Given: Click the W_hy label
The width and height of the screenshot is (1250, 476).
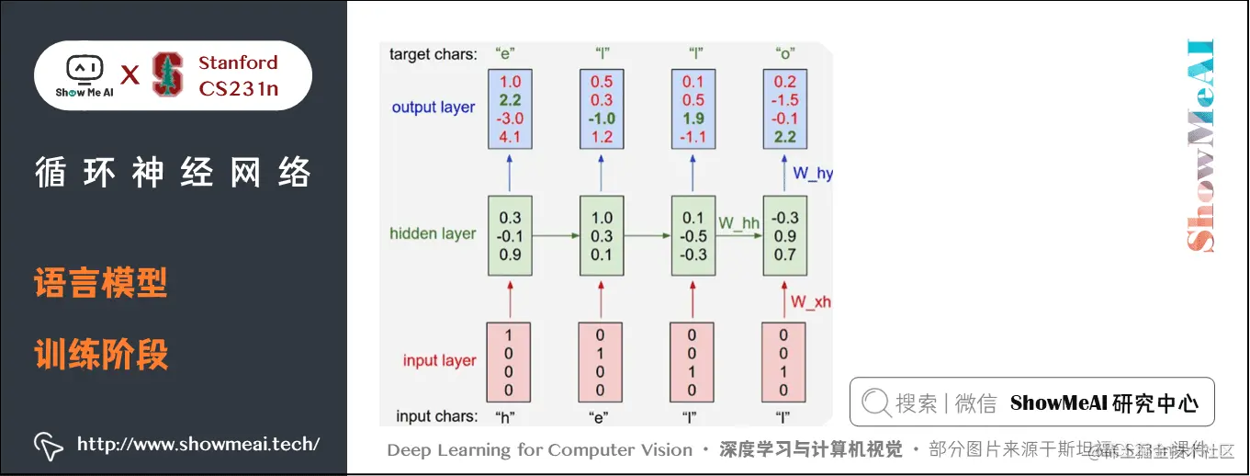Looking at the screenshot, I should tap(812, 173).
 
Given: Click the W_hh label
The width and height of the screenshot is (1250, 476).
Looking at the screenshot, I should tap(738, 222).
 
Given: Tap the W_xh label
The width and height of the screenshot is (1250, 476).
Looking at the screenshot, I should tap(812, 301).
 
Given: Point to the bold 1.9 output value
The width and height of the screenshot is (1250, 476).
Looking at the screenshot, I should tap(693, 119).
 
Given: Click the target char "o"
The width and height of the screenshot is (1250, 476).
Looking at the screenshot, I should tap(785, 54).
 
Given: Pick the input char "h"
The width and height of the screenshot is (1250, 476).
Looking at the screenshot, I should tap(504, 416).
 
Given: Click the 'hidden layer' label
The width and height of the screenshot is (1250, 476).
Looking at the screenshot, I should tap(433, 233).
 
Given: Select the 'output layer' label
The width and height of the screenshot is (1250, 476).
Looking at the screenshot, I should tap(434, 108).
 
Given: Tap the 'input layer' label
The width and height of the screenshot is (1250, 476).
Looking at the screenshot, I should tap(439, 360).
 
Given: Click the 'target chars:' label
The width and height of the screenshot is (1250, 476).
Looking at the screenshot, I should tap(433, 54).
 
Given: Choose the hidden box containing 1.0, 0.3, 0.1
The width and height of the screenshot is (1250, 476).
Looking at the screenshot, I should tap(602, 235).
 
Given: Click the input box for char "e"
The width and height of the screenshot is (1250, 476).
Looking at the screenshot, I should tap(601, 362).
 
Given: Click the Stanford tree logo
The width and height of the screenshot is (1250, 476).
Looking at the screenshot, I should tap(168, 74).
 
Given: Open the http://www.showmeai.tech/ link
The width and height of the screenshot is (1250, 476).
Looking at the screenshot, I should tap(197, 445).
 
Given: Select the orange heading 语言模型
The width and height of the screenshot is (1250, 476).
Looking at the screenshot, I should tap(101, 283).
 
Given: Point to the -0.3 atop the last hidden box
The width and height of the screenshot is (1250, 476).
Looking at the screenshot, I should tap(785, 218).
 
